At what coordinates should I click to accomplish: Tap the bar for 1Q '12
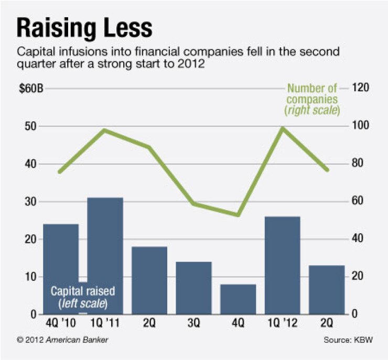pyautogui.click(x=283, y=265)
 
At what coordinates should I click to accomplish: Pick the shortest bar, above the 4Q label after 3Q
pyautogui.click(x=238, y=299)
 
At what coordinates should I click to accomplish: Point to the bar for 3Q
pyautogui.click(x=193, y=287)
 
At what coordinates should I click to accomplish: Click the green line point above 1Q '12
pyautogui.click(x=283, y=128)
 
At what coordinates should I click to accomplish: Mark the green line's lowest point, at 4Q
pyautogui.click(x=238, y=215)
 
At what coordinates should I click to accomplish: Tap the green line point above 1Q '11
pyautogui.click(x=104, y=130)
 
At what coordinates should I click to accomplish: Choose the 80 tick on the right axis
pyautogui.click(x=358, y=164)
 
